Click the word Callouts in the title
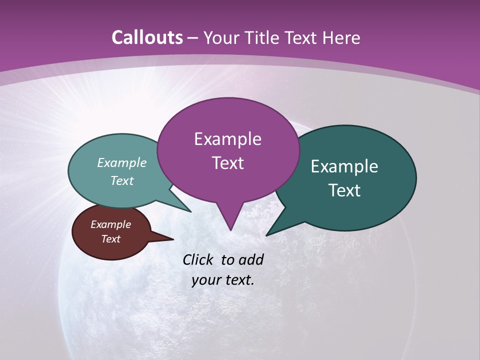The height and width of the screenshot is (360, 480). click(x=147, y=37)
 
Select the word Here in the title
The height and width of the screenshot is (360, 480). click(x=339, y=37)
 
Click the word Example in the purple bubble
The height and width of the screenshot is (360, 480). click(x=227, y=139)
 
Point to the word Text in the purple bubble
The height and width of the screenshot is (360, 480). click(x=227, y=162)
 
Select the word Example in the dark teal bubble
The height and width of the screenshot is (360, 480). click(x=344, y=166)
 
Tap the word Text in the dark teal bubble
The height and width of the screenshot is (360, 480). click(x=344, y=190)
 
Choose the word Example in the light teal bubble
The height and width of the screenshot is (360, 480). click(x=122, y=162)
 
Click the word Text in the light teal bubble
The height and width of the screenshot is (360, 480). click(x=122, y=180)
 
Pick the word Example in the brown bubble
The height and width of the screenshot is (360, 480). click(x=110, y=224)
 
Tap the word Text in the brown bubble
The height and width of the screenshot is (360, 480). click(x=110, y=239)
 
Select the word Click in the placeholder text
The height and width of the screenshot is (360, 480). click(x=199, y=259)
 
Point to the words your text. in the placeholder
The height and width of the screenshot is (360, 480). click(x=222, y=280)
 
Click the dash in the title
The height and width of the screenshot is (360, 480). click(x=193, y=37)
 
